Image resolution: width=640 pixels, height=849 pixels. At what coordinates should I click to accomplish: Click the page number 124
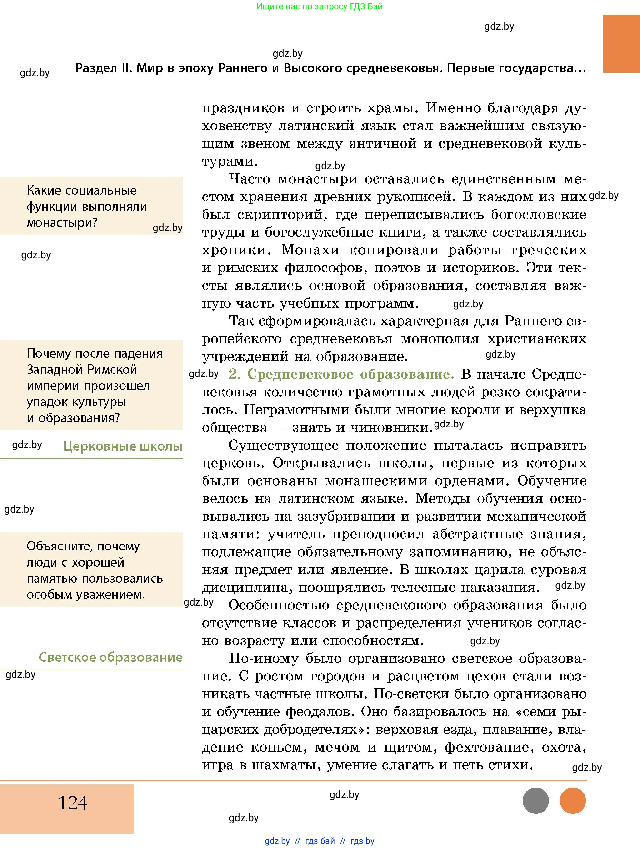[x=73, y=803]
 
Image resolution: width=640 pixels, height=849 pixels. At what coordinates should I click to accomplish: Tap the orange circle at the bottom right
[x=573, y=801]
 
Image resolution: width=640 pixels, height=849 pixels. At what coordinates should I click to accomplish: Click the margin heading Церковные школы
[x=123, y=446]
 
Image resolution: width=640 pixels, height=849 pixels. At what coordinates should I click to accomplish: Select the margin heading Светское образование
[x=110, y=658]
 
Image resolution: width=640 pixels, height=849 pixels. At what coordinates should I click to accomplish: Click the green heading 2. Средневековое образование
[x=341, y=374]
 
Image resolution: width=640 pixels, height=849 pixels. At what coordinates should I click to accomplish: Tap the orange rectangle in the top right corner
[x=621, y=43]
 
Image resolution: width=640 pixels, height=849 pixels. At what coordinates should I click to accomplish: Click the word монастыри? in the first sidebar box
[x=62, y=223]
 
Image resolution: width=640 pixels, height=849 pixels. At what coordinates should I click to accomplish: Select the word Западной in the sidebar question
[x=55, y=370]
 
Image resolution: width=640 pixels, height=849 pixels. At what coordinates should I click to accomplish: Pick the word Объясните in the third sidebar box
[x=59, y=546]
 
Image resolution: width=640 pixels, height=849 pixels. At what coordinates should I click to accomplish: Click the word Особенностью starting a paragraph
[x=279, y=605]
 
